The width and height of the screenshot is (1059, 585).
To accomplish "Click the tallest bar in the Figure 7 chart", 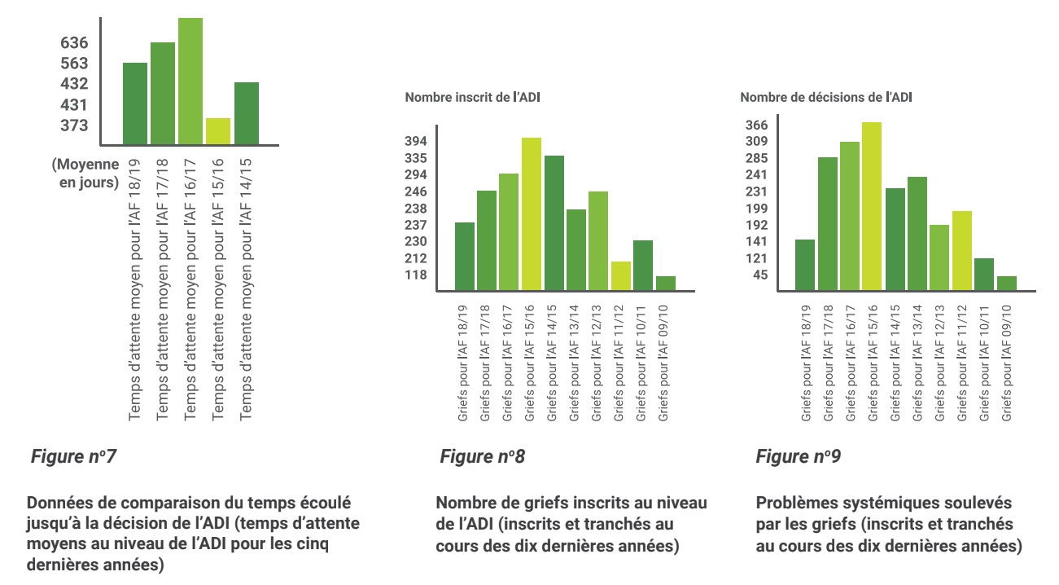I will pos(190,81).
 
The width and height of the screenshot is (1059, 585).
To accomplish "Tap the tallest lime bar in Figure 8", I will pos(532,214).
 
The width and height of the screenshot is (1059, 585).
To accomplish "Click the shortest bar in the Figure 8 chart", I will pos(666,283).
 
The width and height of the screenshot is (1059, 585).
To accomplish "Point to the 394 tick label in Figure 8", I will pos(416,141).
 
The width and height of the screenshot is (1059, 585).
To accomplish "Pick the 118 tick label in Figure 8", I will pos(416,275).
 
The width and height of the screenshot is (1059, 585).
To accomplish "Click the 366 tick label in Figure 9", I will pos(757,125).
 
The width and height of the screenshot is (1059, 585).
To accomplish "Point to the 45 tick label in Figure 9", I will pos(760,275).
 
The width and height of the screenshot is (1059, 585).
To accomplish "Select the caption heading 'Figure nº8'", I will pos(482,456).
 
